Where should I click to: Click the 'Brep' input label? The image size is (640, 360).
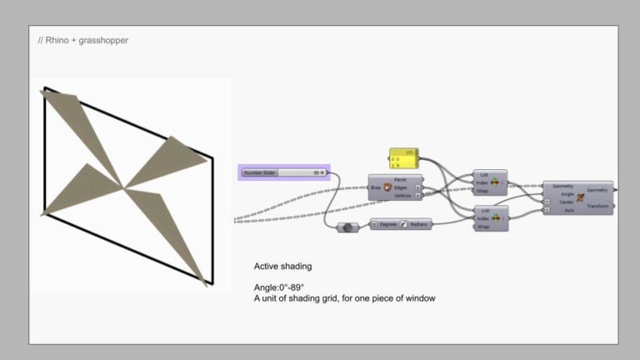376,187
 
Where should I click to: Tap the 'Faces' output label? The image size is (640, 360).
400,179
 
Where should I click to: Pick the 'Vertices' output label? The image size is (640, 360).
402,195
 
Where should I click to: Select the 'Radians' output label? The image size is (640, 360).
419,224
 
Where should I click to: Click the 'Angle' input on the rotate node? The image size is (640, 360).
567,194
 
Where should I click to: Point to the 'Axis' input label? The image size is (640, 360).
569,210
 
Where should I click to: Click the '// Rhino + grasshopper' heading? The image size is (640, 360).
83,40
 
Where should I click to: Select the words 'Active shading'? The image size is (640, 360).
282,267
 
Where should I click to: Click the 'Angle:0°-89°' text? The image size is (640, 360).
279,287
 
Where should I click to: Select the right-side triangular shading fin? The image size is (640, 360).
172,158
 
